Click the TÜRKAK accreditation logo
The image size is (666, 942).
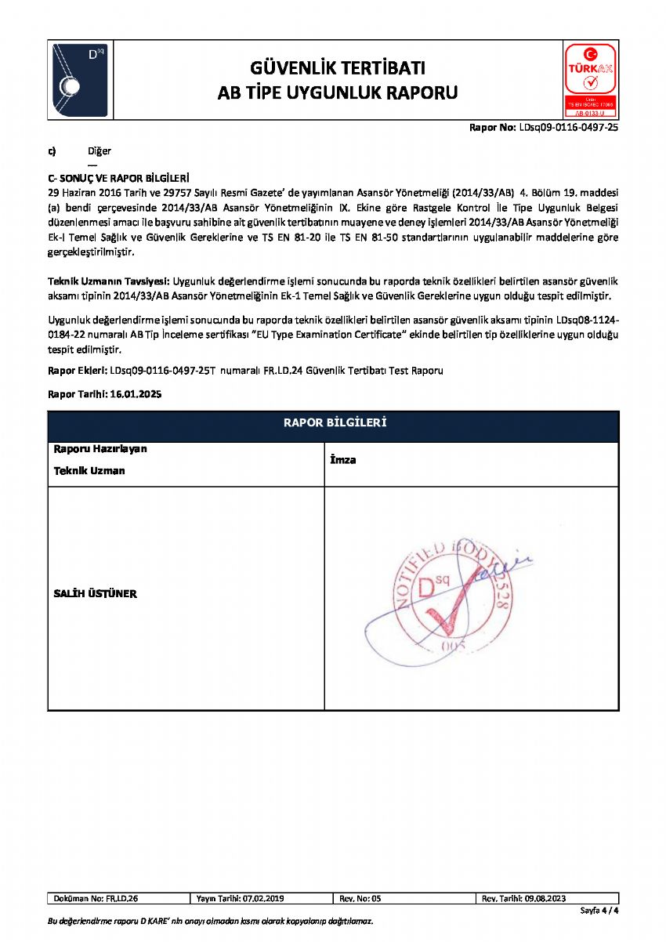(590, 80)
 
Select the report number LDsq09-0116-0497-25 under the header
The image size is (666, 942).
(569, 127)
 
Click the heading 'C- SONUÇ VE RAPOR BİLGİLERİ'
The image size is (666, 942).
(119, 179)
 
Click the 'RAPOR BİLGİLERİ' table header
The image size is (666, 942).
(334, 424)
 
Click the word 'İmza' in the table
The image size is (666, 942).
(343, 460)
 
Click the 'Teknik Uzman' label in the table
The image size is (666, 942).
(89, 471)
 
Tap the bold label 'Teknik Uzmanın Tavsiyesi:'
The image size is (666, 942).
(109, 281)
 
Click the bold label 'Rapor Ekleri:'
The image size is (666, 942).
(78, 371)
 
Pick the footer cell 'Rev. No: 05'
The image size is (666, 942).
(360, 898)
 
